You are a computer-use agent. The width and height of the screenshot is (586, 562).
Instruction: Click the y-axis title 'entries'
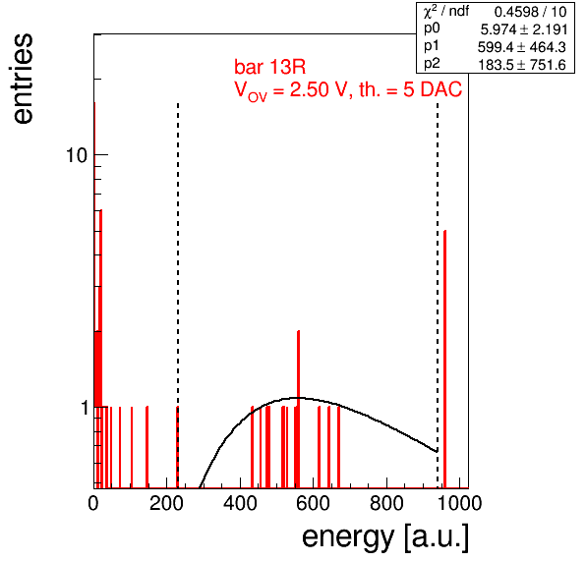[24, 79]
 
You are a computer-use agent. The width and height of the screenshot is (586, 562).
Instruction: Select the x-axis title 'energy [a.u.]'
[385, 537]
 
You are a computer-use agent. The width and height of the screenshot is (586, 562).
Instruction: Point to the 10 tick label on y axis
[77, 155]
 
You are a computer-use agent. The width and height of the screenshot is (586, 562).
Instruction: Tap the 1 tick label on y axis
[85, 408]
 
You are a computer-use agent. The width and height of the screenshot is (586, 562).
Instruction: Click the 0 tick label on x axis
[93, 503]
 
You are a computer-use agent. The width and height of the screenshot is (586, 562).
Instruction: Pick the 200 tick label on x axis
[166, 503]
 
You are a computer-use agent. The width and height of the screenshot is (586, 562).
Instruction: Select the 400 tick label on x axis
[240, 503]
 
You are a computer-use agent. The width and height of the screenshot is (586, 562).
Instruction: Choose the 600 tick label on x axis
[313, 503]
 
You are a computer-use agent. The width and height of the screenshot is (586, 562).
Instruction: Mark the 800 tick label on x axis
[386, 503]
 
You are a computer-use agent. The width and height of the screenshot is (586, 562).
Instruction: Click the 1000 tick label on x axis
[459, 503]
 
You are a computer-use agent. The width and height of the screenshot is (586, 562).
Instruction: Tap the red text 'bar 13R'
[269, 67]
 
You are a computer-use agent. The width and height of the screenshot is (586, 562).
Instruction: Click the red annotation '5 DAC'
[433, 89]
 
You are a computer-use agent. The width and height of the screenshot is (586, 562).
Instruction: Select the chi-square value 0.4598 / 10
[530, 12]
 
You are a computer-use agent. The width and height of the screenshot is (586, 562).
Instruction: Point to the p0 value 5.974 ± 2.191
[524, 29]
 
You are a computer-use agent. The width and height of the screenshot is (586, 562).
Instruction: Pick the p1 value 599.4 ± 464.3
[522, 47]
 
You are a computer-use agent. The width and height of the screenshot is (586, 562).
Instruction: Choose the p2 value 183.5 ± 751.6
[522, 65]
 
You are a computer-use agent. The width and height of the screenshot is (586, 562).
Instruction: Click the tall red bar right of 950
[444, 360]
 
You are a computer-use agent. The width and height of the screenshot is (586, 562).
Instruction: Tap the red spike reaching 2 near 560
[298, 410]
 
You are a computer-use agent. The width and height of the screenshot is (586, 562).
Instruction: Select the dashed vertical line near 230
[178, 296]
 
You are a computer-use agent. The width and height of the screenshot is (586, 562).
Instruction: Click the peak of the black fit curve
[298, 398]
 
